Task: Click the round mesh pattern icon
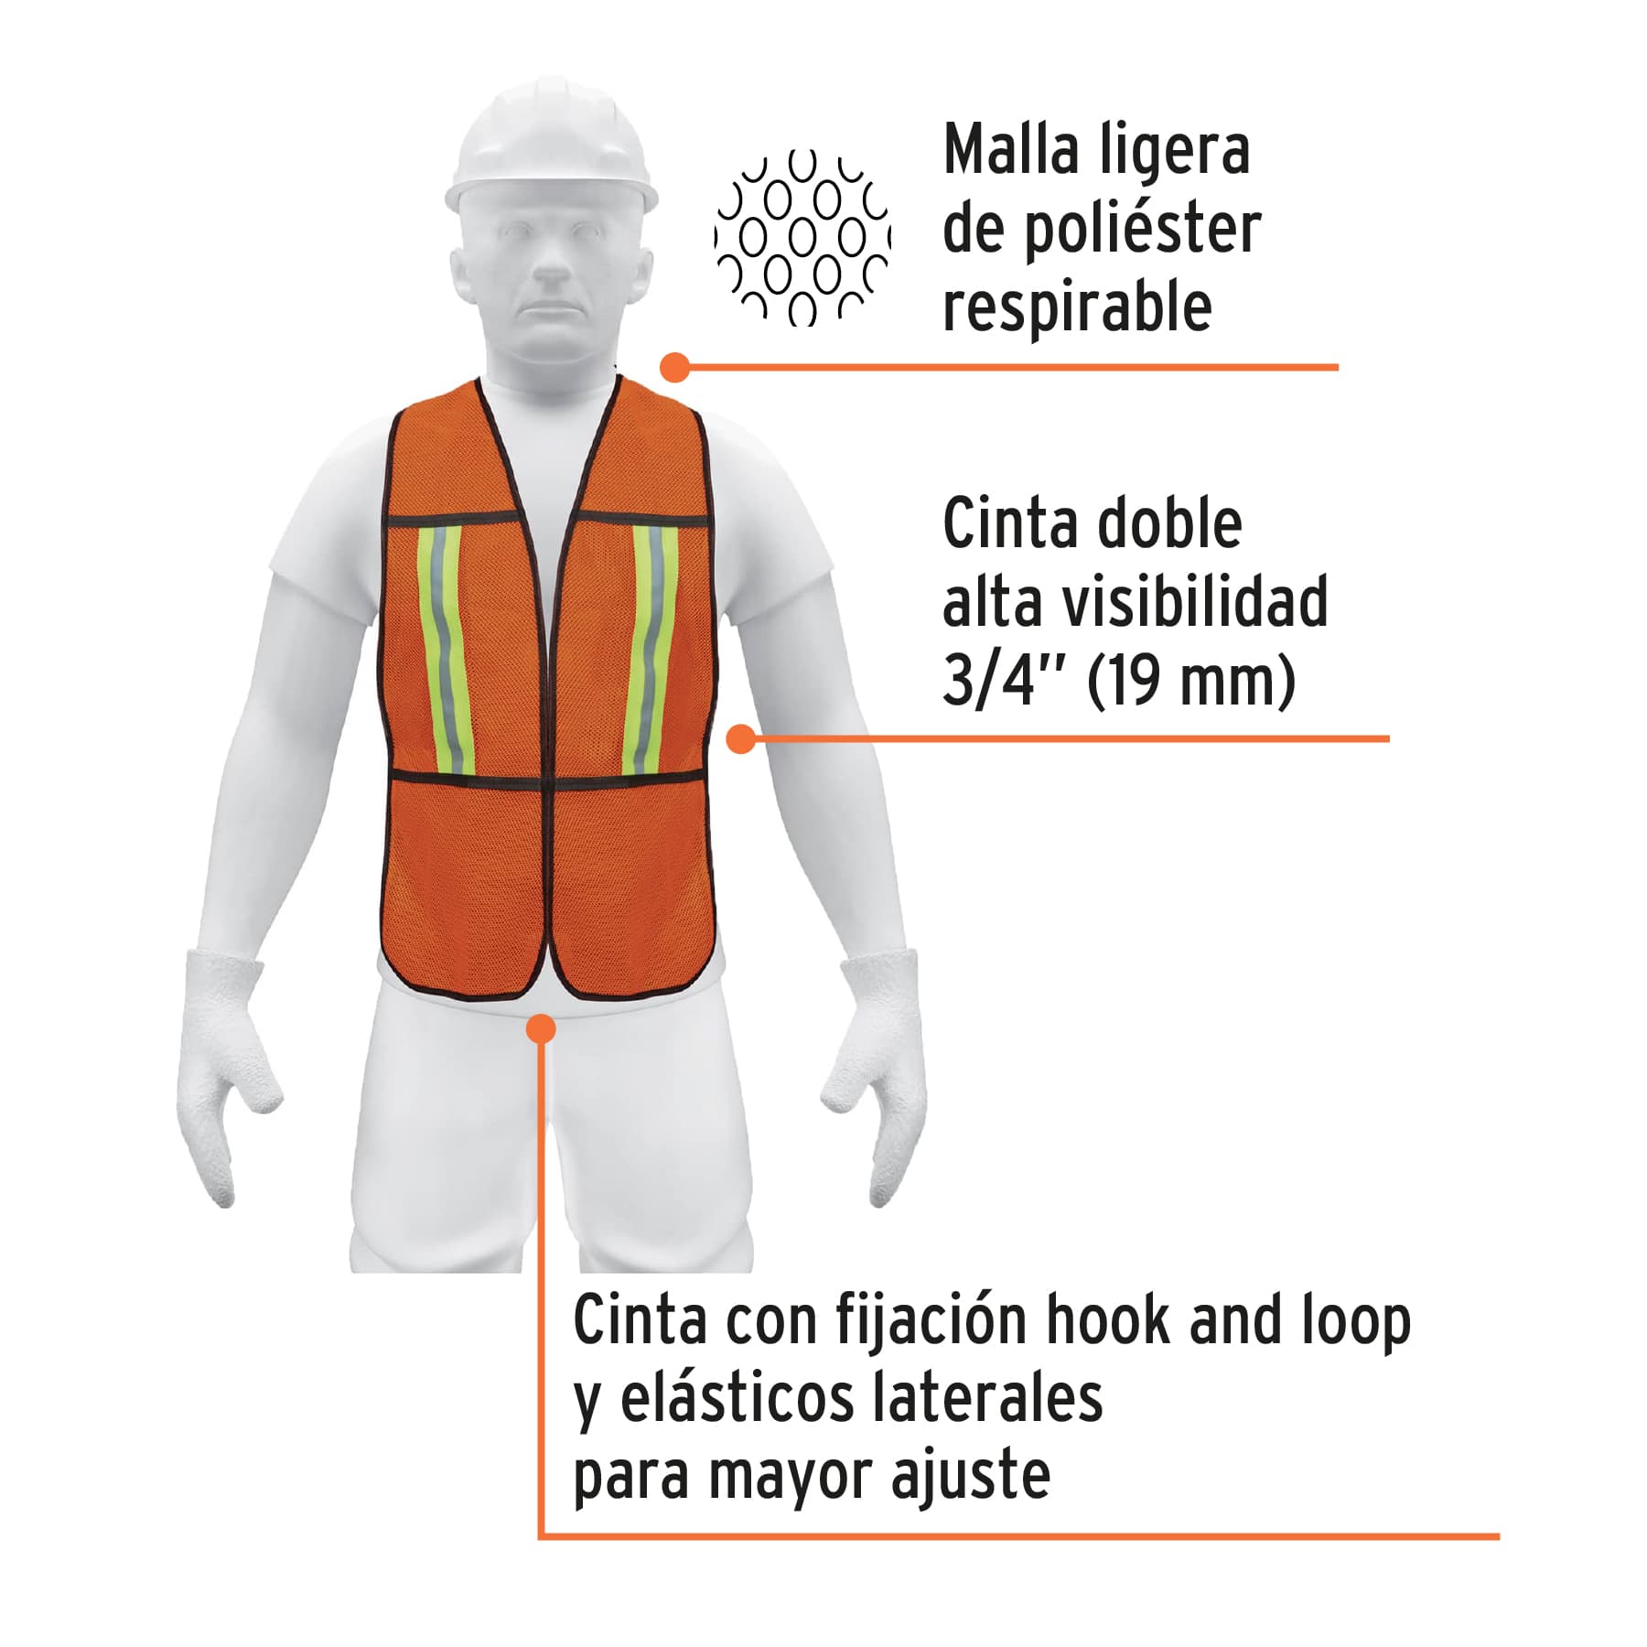pyautogui.click(x=802, y=238)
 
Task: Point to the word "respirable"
pyautogui.click(x=1077, y=307)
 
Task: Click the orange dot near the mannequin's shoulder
pyautogui.click(x=674, y=368)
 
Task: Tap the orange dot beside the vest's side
pyautogui.click(x=741, y=738)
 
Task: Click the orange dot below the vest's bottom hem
pyautogui.click(x=542, y=1028)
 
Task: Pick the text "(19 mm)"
pyautogui.click(x=1191, y=682)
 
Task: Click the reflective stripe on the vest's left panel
pyautogui.click(x=445, y=650)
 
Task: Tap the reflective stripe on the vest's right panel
pyautogui.click(x=651, y=650)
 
